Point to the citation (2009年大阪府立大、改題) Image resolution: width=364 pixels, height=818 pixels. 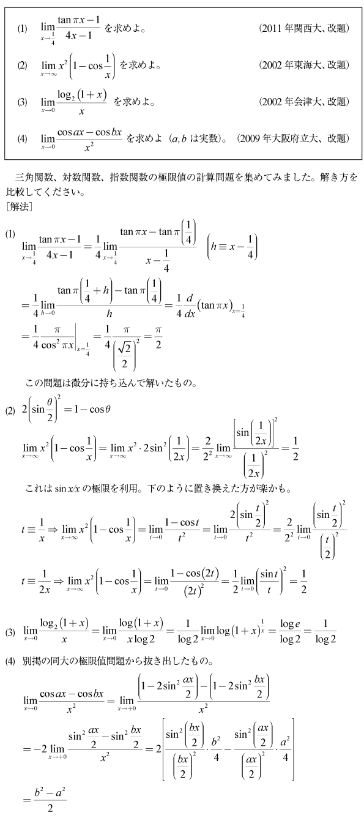tap(293, 138)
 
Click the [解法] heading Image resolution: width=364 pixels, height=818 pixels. tap(20, 207)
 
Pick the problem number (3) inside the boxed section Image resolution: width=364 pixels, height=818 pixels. tap(22, 102)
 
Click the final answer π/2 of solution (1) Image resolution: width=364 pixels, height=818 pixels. tap(158, 337)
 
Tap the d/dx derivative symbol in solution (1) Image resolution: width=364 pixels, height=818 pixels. tap(190, 306)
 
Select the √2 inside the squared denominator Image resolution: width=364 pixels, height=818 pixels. tap(125, 349)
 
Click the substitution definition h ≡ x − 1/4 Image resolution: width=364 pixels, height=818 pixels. tap(232, 247)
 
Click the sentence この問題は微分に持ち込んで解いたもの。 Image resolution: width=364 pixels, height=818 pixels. tap(111, 383)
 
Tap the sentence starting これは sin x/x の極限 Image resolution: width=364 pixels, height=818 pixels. tap(158, 489)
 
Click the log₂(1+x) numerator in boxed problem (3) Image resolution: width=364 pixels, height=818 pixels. tap(82, 96)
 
